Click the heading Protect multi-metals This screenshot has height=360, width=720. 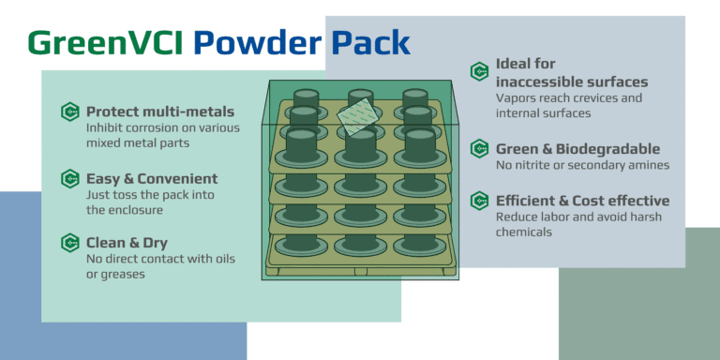[159, 112]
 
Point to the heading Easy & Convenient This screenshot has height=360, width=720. [151, 178]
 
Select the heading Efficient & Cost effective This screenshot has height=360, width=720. [582, 201]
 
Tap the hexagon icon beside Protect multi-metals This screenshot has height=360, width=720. [68, 112]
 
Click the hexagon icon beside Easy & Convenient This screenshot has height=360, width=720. [68, 178]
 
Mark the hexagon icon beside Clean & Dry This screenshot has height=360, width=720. [68, 243]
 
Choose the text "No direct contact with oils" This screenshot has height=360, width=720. [160, 259]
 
